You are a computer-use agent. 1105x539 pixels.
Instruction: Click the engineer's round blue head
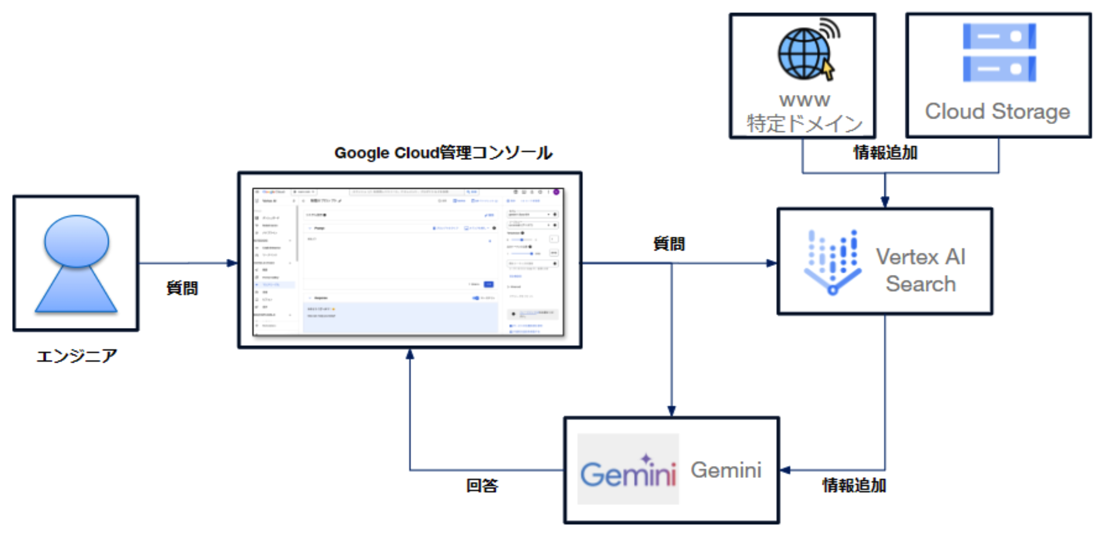click(x=77, y=241)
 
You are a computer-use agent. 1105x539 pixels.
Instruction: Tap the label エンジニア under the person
click(x=77, y=356)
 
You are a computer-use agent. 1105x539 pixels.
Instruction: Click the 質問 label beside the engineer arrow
click(x=182, y=288)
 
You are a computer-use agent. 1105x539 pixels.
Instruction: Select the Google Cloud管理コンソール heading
click(x=443, y=153)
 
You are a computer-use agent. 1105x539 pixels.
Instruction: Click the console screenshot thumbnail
click(x=408, y=262)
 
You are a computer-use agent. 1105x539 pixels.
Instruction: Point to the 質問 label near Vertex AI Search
click(x=669, y=244)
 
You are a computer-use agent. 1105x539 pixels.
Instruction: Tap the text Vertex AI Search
click(x=920, y=270)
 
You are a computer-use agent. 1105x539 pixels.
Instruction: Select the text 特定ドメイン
click(x=804, y=124)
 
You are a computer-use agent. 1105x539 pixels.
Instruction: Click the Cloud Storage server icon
click(x=999, y=52)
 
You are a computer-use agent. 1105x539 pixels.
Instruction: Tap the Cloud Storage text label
click(x=997, y=112)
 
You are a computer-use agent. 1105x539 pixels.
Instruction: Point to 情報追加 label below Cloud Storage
click(x=885, y=153)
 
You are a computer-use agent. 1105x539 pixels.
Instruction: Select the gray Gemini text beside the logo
click(x=726, y=470)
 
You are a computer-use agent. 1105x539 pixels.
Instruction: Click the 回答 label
click(x=482, y=485)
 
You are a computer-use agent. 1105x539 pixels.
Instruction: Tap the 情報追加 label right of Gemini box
click(x=854, y=485)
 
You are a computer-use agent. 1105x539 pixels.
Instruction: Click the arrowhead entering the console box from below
click(x=410, y=354)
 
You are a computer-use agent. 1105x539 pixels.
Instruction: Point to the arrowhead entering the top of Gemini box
click(x=671, y=411)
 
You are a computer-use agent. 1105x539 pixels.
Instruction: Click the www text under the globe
click(x=804, y=100)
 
